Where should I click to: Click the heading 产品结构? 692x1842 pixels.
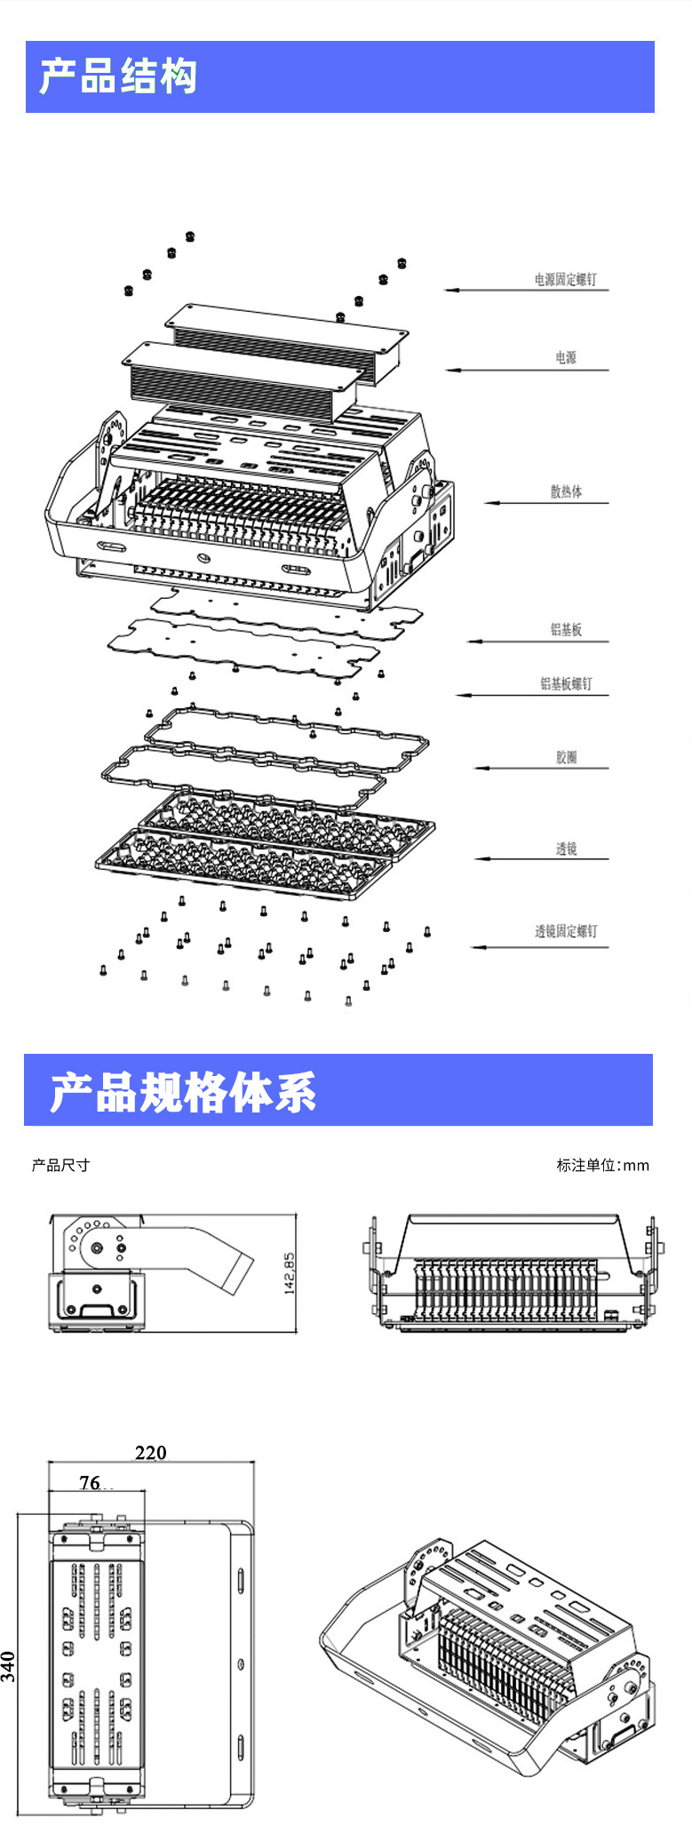tap(118, 76)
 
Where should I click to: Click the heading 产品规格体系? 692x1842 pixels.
tap(183, 1092)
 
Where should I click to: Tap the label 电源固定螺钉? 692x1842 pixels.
tap(565, 280)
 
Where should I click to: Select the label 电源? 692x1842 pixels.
tap(566, 357)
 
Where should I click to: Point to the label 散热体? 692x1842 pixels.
tap(566, 491)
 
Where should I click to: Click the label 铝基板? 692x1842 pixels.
tap(566, 630)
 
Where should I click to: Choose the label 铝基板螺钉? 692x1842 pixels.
tap(566, 683)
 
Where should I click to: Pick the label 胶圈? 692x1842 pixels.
tap(566, 757)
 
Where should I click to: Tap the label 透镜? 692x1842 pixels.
tap(566, 849)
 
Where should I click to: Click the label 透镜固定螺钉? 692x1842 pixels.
tap(566, 931)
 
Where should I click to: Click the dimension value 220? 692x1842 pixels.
tap(151, 1452)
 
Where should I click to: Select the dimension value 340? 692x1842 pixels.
tap(9, 1666)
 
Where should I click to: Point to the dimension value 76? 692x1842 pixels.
tap(91, 1482)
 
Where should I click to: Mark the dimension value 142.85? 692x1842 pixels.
tap(289, 1274)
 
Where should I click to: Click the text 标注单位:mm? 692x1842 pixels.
tap(602, 1165)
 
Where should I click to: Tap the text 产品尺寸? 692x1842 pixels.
tap(60, 1165)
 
